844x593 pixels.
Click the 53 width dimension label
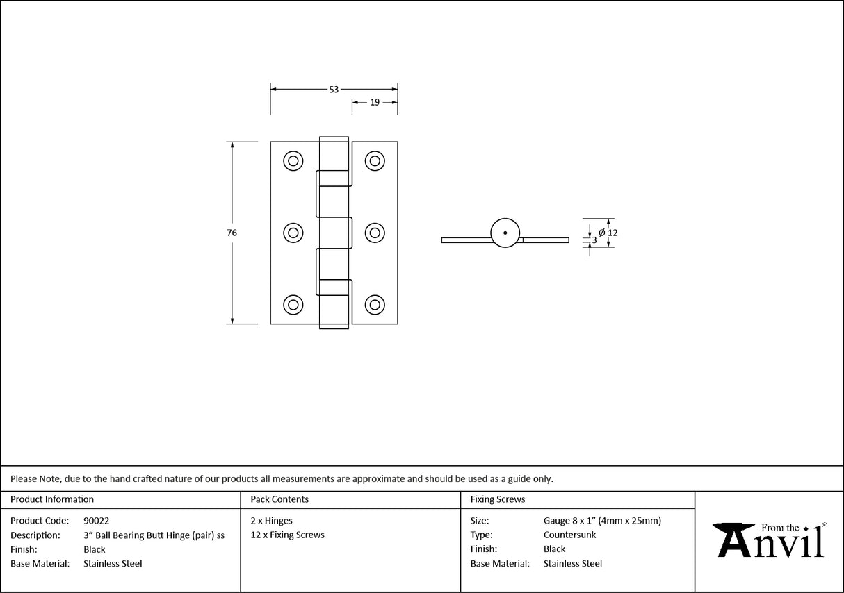point(334,90)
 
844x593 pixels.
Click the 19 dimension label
point(375,102)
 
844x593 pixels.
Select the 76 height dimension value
point(232,233)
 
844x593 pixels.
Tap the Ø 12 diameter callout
point(608,233)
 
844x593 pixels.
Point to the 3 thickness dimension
point(594,240)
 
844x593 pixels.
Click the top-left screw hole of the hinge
point(293,161)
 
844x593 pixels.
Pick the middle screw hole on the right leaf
point(375,233)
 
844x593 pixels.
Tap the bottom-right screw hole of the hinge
point(375,305)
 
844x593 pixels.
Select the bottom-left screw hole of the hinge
point(293,305)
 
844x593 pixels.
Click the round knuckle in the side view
point(505,233)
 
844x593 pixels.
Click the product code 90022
point(97,521)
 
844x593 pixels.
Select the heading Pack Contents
point(279,499)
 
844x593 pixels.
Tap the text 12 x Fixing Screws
point(288,535)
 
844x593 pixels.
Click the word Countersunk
point(569,535)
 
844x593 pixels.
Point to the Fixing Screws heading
point(497,499)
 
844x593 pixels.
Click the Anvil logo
point(769,540)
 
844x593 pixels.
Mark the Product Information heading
point(52,499)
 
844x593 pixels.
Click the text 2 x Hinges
point(271,521)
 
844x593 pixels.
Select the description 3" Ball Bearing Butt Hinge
point(137,535)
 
